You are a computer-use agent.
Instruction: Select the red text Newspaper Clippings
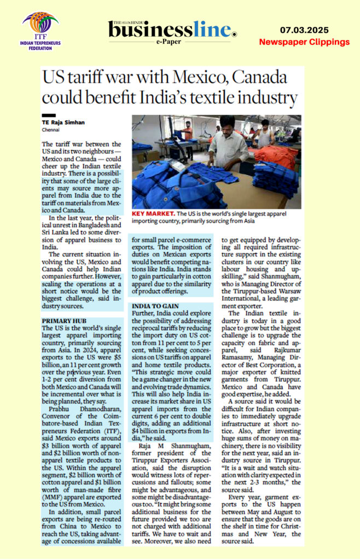pyautogui.click(x=304, y=42)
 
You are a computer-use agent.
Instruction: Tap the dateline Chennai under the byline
pyautogui.click(x=51, y=131)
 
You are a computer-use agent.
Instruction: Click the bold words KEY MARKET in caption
pyautogui.click(x=156, y=214)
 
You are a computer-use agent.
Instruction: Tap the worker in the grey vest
pyautogui.click(x=265, y=134)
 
